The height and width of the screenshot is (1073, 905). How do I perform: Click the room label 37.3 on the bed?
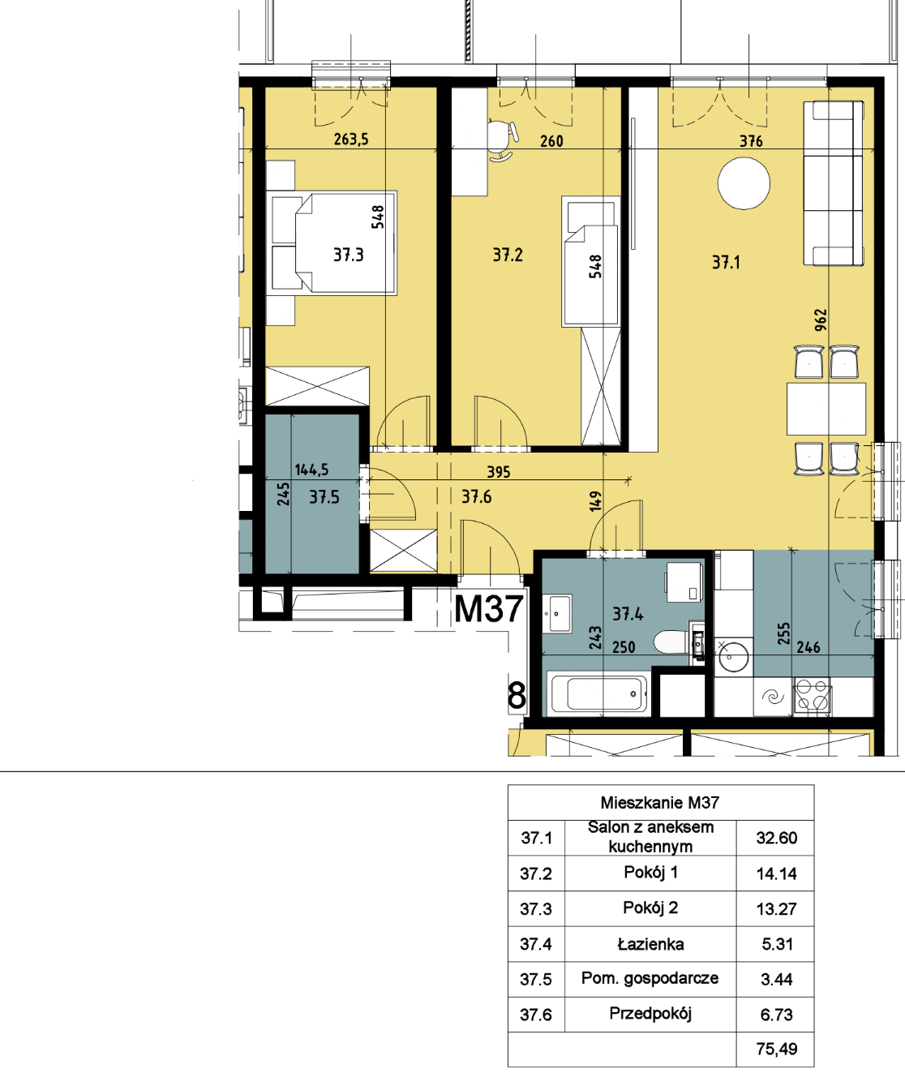349,255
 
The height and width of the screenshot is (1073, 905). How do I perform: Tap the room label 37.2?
508,255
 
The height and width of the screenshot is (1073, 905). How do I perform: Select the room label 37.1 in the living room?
726,262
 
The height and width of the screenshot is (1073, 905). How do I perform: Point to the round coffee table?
744,183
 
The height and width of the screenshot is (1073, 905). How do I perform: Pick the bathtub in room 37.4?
598,693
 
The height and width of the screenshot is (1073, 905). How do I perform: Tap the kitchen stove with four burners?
813,696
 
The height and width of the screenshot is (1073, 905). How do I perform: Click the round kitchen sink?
733,656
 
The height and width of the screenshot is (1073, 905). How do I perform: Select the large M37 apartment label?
489,608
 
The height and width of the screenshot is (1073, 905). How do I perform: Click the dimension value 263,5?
351,139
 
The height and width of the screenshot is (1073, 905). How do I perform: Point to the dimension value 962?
821,319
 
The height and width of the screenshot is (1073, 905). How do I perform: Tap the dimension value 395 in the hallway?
498,471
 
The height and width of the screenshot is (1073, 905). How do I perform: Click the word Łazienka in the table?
650,944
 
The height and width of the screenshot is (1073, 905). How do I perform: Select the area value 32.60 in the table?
776,838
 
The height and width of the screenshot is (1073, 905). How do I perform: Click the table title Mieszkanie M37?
660,802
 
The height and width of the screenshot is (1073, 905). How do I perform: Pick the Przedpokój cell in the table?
650,1014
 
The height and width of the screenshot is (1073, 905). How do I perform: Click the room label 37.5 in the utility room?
324,497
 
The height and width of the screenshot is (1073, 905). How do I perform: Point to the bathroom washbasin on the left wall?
558,614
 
